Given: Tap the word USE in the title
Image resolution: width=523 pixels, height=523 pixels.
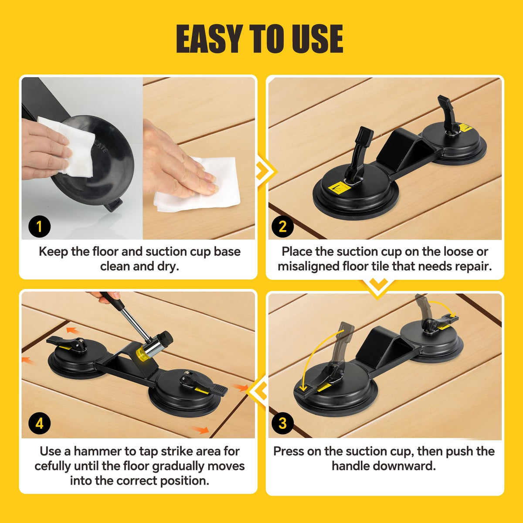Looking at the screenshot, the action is pyautogui.click(x=317, y=38).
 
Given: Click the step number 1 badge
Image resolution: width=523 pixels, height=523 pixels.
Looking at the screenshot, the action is pyautogui.click(x=39, y=226).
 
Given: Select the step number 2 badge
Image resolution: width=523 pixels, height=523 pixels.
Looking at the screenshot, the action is pyautogui.click(x=282, y=226).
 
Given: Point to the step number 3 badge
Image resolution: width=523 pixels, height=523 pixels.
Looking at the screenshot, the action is pyautogui.click(x=282, y=423).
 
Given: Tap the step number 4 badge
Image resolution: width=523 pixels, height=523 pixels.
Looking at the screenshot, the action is pyautogui.click(x=39, y=423).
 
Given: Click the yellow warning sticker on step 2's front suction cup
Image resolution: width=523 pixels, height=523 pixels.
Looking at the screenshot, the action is pyautogui.click(x=338, y=187).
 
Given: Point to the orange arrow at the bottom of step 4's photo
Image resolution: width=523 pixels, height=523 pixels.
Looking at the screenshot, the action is pyautogui.click(x=200, y=430).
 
